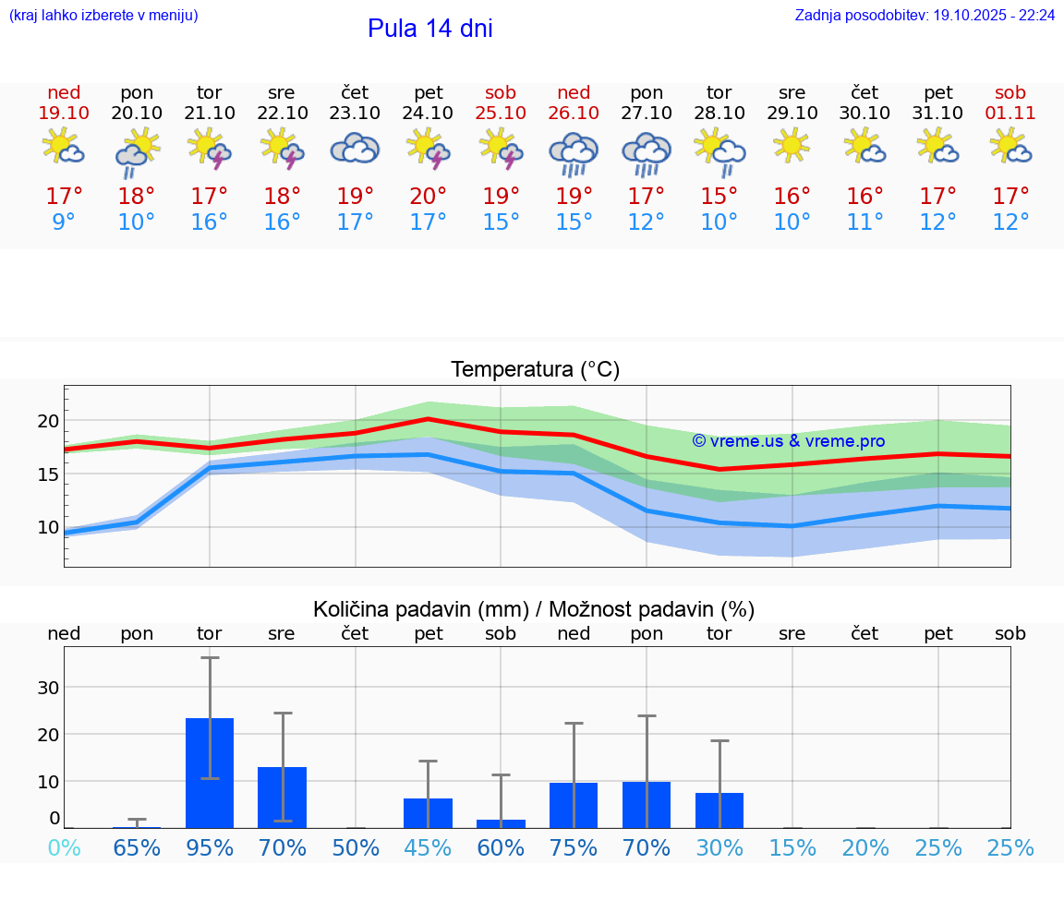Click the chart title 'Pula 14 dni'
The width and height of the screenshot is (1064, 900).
(429, 29)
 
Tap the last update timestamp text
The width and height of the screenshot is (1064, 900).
(925, 16)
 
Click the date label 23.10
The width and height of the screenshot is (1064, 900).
(355, 114)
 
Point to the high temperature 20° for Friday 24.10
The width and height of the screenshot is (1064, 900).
(428, 197)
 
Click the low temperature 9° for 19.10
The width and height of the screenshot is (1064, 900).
(64, 222)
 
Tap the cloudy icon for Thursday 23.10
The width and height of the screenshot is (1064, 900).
(355, 148)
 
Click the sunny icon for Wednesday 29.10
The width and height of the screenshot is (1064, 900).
(792, 146)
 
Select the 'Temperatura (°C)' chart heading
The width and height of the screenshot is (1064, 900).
(535, 370)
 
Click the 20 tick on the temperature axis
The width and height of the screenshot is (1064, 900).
(48, 421)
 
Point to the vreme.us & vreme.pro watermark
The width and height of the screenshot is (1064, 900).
(788, 441)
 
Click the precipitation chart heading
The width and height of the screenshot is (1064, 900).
(534, 609)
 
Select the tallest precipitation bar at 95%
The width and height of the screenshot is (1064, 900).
(210, 773)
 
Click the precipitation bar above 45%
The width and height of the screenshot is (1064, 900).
(428, 812)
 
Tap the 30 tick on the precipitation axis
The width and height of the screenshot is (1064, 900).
(48, 688)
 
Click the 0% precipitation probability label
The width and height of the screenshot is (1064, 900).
(64, 848)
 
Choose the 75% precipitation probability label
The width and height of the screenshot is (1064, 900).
(574, 848)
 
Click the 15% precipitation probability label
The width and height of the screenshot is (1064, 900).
(792, 848)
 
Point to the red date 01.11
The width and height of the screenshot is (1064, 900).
(1010, 114)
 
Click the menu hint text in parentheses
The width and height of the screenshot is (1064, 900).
(103, 16)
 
